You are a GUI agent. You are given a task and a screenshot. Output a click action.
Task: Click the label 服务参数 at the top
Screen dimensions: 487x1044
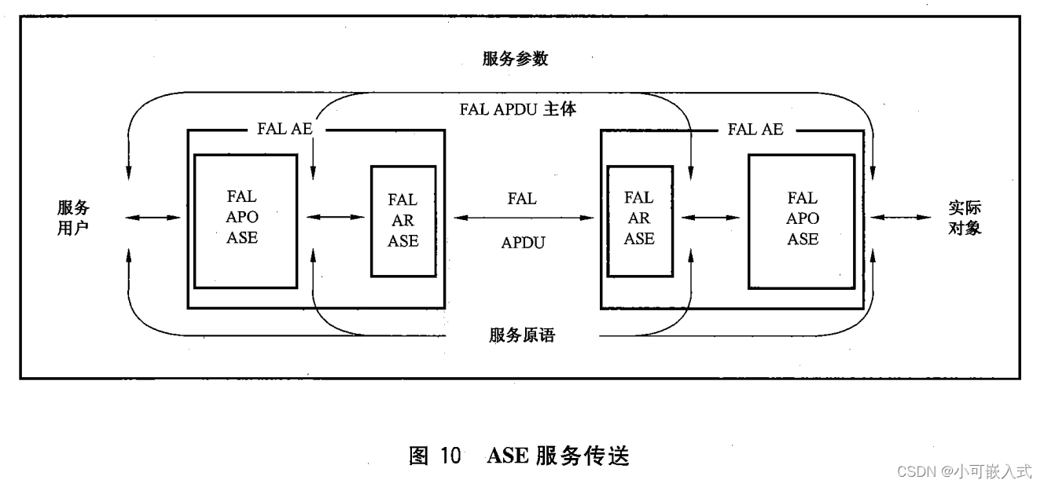pyautogui.click(x=516, y=59)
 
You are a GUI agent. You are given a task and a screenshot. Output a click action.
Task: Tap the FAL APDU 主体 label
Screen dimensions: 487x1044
pyautogui.click(x=518, y=109)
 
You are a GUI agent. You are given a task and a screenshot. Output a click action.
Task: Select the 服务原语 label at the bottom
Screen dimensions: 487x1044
pyautogui.click(x=521, y=335)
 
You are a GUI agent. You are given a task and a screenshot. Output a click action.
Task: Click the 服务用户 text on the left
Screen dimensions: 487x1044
pyautogui.click(x=73, y=218)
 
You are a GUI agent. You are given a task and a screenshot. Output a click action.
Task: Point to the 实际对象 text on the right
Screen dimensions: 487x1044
pyautogui.click(x=965, y=218)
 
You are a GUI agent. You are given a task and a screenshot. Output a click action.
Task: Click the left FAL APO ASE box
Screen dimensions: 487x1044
pyautogui.click(x=245, y=222)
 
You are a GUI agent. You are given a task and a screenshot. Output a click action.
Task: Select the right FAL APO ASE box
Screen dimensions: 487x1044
pyautogui.click(x=802, y=222)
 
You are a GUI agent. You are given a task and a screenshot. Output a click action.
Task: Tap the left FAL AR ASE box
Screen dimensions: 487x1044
pyautogui.click(x=403, y=221)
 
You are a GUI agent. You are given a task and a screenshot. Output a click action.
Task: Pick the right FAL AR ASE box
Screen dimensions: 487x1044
pyautogui.click(x=639, y=221)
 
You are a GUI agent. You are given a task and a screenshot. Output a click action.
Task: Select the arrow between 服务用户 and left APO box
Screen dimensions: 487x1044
pyautogui.click(x=154, y=217)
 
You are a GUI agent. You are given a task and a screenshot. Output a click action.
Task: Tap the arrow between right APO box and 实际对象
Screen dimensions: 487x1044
pyautogui.click(x=901, y=217)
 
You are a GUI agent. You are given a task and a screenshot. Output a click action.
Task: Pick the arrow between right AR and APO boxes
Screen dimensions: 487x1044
pyautogui.click(x=711, y=217)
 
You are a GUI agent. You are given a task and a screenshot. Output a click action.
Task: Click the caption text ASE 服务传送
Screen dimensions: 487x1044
pyautogui.click(x=558, y=456)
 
